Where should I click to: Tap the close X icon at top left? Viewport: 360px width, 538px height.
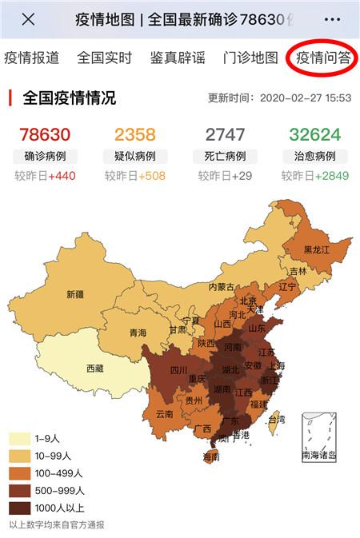(x=28, y=19)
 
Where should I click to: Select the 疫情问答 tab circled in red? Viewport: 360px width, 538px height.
(x=323, y=58)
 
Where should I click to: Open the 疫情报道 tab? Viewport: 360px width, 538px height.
(x=32, y=58)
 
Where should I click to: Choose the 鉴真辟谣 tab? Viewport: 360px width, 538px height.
(x=178, y=58)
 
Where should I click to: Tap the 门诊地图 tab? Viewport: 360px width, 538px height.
(x=250, y=58)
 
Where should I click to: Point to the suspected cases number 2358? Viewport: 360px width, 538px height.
(x=135, y=134)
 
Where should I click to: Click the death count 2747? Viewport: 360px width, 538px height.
(x=225, y=134)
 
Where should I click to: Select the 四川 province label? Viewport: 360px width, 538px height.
(x=178, y=370)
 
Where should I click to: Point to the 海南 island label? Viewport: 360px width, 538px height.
(x=210, y=457)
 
